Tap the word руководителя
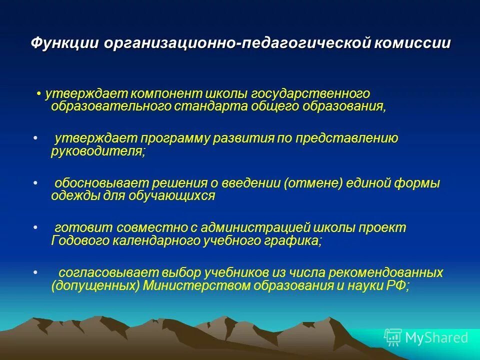click(97, 151)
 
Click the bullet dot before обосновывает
click(35, 183)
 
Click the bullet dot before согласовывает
click(35, 273)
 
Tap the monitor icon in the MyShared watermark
click(393, 337)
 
